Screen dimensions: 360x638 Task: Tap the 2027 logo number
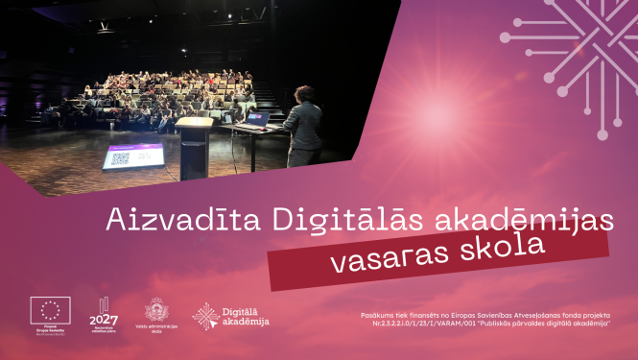pyautogui.click(x=103, y=319)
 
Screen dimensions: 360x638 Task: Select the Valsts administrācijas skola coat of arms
pyautogui.click(x=154, y=310)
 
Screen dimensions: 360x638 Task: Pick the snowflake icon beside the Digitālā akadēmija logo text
pyautogui.click(x=204, y=316)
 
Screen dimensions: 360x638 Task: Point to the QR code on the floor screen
pyautogui.click(x=118, y=159)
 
